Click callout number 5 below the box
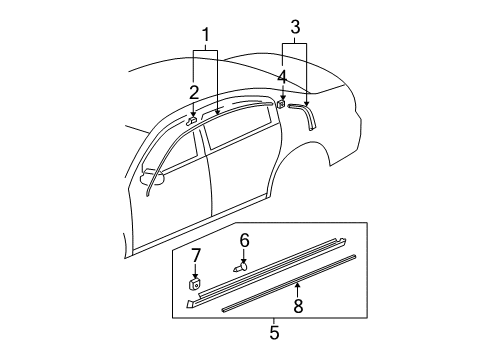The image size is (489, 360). (273, 332)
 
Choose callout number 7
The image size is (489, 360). (196, 255)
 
